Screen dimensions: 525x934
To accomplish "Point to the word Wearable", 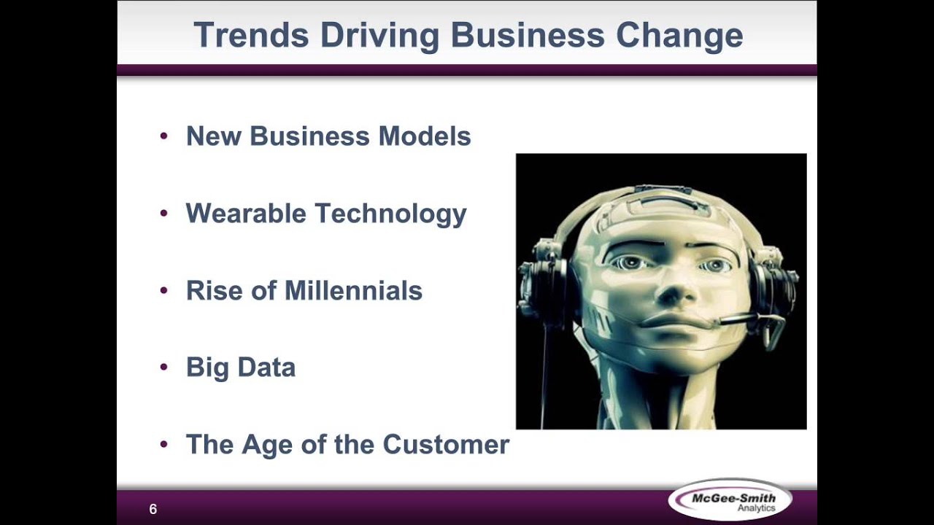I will pos(245,214).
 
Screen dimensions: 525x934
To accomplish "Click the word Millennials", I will pos(353,291).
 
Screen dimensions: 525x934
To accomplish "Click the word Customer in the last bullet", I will pos(446,445).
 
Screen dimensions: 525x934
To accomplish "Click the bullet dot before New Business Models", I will pos(163,136).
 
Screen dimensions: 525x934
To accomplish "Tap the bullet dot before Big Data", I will pos(163,367).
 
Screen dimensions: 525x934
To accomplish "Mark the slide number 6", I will pos(153,510).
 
